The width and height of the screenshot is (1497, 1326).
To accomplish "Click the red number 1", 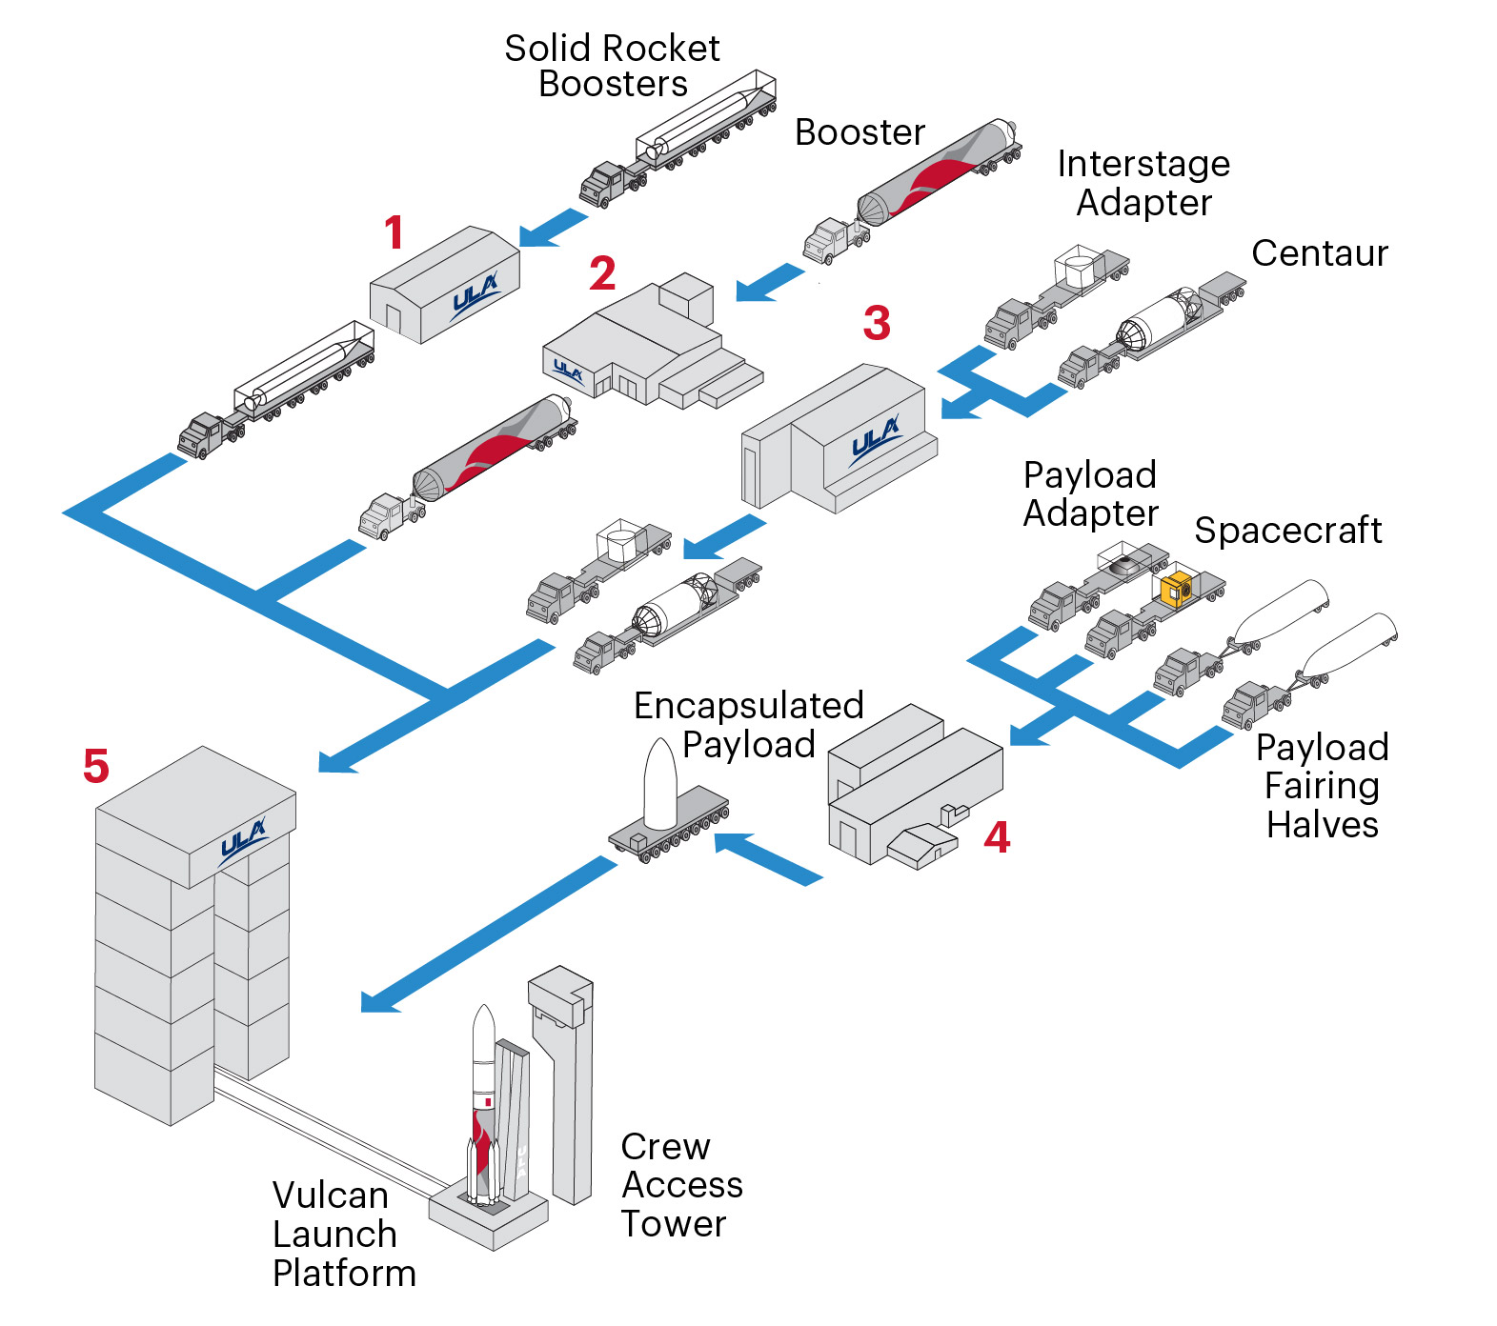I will pos(394,232).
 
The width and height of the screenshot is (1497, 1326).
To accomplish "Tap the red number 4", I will pos(997,837).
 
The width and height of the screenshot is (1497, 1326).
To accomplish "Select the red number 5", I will pos(96,766).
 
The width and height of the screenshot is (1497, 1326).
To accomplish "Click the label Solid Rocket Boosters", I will pos(612,66).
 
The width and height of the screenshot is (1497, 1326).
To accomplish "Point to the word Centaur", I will pos(1319,253).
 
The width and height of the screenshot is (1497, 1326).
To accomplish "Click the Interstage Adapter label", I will pos(1143,183).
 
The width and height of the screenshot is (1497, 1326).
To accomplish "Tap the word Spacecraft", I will pos(1287,531).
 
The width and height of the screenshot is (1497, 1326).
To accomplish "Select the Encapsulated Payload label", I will pos(748,725).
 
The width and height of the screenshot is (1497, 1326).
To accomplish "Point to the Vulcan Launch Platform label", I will pos(343,1234).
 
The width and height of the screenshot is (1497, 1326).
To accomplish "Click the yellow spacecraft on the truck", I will pos(1176,589).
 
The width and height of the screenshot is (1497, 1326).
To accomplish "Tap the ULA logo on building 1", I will pos(475,293).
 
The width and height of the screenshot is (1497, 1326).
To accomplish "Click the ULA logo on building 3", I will pos(875,440).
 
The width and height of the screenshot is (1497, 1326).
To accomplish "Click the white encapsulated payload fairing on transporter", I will pos(660,786).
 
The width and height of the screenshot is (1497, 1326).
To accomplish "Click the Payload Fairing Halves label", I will pos(1322,786).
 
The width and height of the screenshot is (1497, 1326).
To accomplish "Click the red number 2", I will pos(602,274).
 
